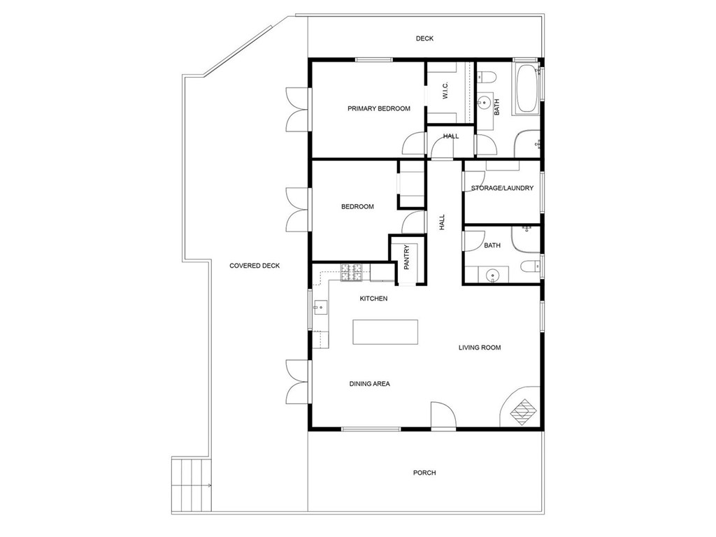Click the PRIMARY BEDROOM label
pos(379,108)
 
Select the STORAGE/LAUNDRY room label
pos(502,188)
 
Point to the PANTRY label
pos(406,257)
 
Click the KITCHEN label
pos(373,299)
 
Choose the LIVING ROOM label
pos(480,348)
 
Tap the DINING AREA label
pos(369,384)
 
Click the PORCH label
pos(424,473)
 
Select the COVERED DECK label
pos(255,266)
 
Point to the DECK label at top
pos(424,38)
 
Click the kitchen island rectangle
pos(385,332)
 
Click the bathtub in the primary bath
pos(526,89)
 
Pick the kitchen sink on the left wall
pos(320,306)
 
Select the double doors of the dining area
pos(297,382)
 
